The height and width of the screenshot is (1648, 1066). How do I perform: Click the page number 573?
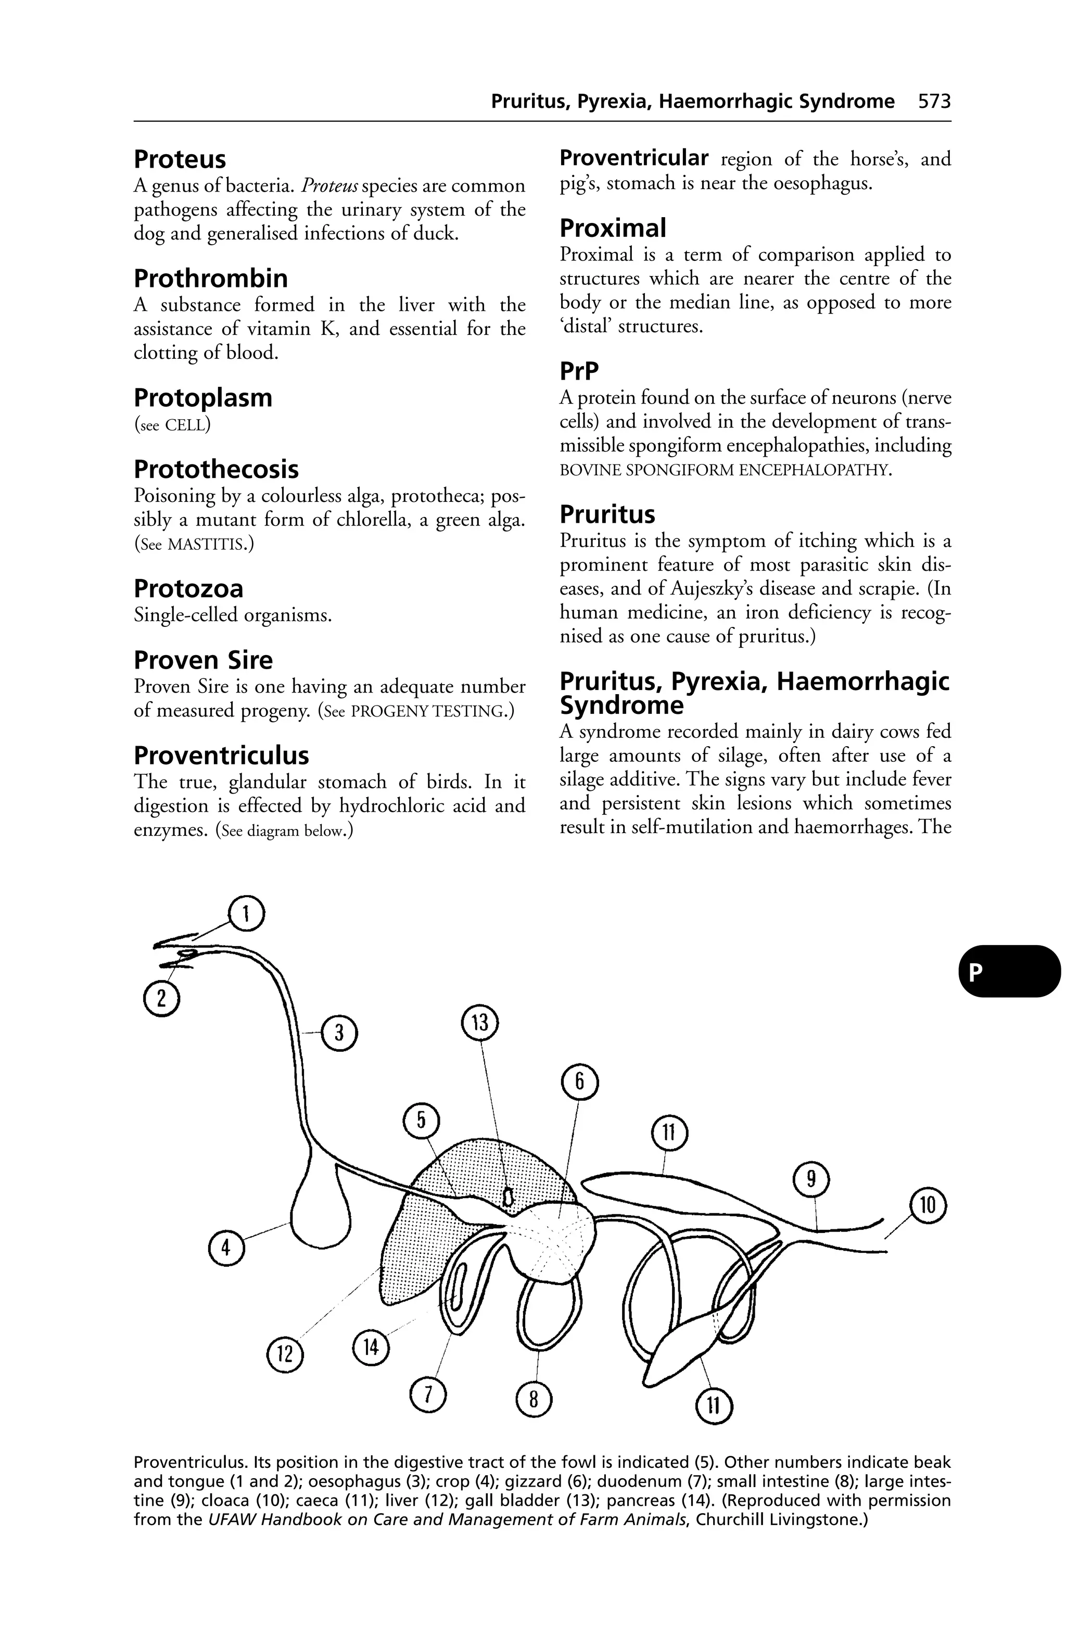tap(934, 102)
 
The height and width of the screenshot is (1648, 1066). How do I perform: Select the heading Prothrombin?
tap(210, 279)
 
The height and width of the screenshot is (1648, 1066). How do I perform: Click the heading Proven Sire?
tap(203, 660)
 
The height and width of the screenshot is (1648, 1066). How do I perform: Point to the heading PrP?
tap(579, 372)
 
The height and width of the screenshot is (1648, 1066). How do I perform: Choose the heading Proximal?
tap(613, 228)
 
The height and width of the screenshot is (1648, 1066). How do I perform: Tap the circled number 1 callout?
tap(246, 915)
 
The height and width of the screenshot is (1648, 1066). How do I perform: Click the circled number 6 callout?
tap(580, 1083)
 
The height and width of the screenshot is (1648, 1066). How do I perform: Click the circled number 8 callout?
tap(534, 1400)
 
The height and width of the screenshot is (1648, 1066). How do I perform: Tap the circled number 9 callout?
tap(811, 1179)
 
